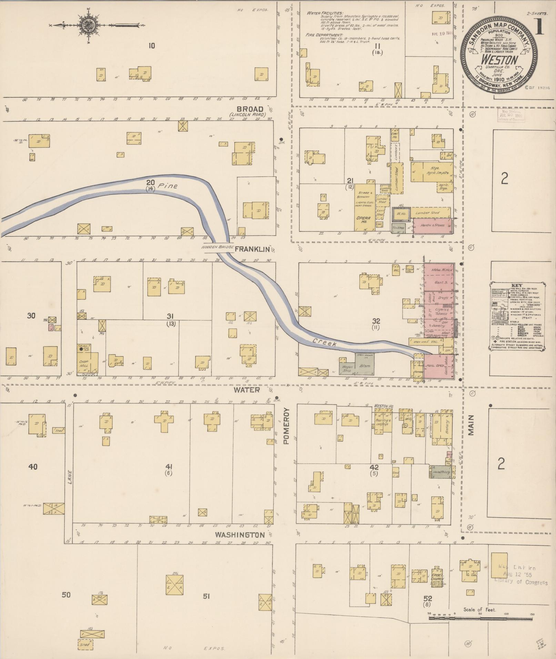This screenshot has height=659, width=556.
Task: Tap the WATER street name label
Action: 252,390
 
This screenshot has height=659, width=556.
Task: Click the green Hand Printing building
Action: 440,472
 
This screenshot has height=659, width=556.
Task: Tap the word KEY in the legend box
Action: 517,285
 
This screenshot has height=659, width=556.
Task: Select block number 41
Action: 169,466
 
